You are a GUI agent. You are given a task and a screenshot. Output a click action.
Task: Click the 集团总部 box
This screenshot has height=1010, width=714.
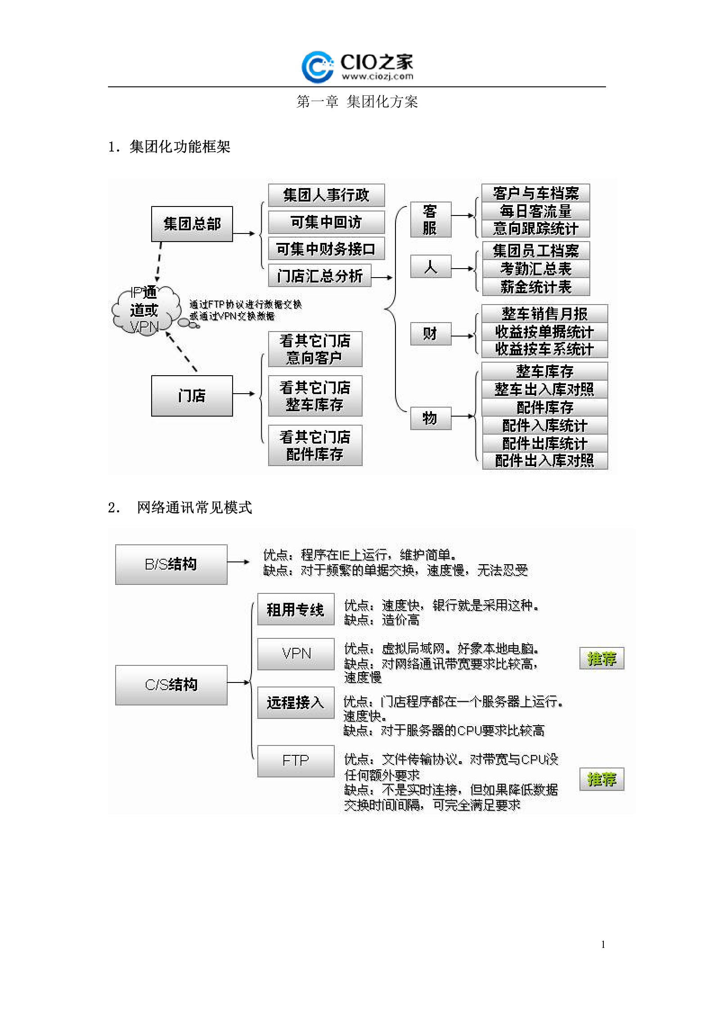tap(192, 224)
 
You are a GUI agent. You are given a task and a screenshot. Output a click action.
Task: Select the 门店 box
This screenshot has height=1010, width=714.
tap(192, 396)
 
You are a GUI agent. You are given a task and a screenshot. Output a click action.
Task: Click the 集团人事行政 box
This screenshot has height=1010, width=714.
tap(326, 195)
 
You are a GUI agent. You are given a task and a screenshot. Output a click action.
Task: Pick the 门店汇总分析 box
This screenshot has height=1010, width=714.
tap(320, 276)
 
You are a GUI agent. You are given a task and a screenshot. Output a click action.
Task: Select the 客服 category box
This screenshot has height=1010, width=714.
tap(430, 220)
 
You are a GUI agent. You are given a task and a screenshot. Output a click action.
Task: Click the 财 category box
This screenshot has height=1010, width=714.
tap(430, 334)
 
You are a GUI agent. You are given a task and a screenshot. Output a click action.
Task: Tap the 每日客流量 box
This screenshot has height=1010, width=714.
tap(535, 211)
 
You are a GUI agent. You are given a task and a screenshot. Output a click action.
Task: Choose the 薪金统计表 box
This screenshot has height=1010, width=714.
tap(535, 287)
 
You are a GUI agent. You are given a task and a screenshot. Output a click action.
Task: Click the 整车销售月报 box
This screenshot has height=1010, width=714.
tap(544, 314)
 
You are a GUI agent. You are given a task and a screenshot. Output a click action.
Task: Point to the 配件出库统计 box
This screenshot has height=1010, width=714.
tap(544, 444)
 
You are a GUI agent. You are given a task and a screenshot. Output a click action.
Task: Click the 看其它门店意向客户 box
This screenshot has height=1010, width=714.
tap(315, 349)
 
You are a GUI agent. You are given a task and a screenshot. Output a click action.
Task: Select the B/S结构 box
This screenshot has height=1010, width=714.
tap(171, 565)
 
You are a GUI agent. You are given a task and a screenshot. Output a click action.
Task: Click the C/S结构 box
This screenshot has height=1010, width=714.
tap(171, 685)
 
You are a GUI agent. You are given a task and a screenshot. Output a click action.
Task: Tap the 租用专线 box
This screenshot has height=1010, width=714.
tap(296, 610)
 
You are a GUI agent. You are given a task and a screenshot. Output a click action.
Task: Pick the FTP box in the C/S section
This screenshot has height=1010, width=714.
tap(296, 761)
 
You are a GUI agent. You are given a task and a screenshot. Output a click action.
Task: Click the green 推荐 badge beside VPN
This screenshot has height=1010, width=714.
tap(602, 659)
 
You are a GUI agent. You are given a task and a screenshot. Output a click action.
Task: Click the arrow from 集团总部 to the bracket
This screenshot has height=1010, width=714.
tap(244, 233)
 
